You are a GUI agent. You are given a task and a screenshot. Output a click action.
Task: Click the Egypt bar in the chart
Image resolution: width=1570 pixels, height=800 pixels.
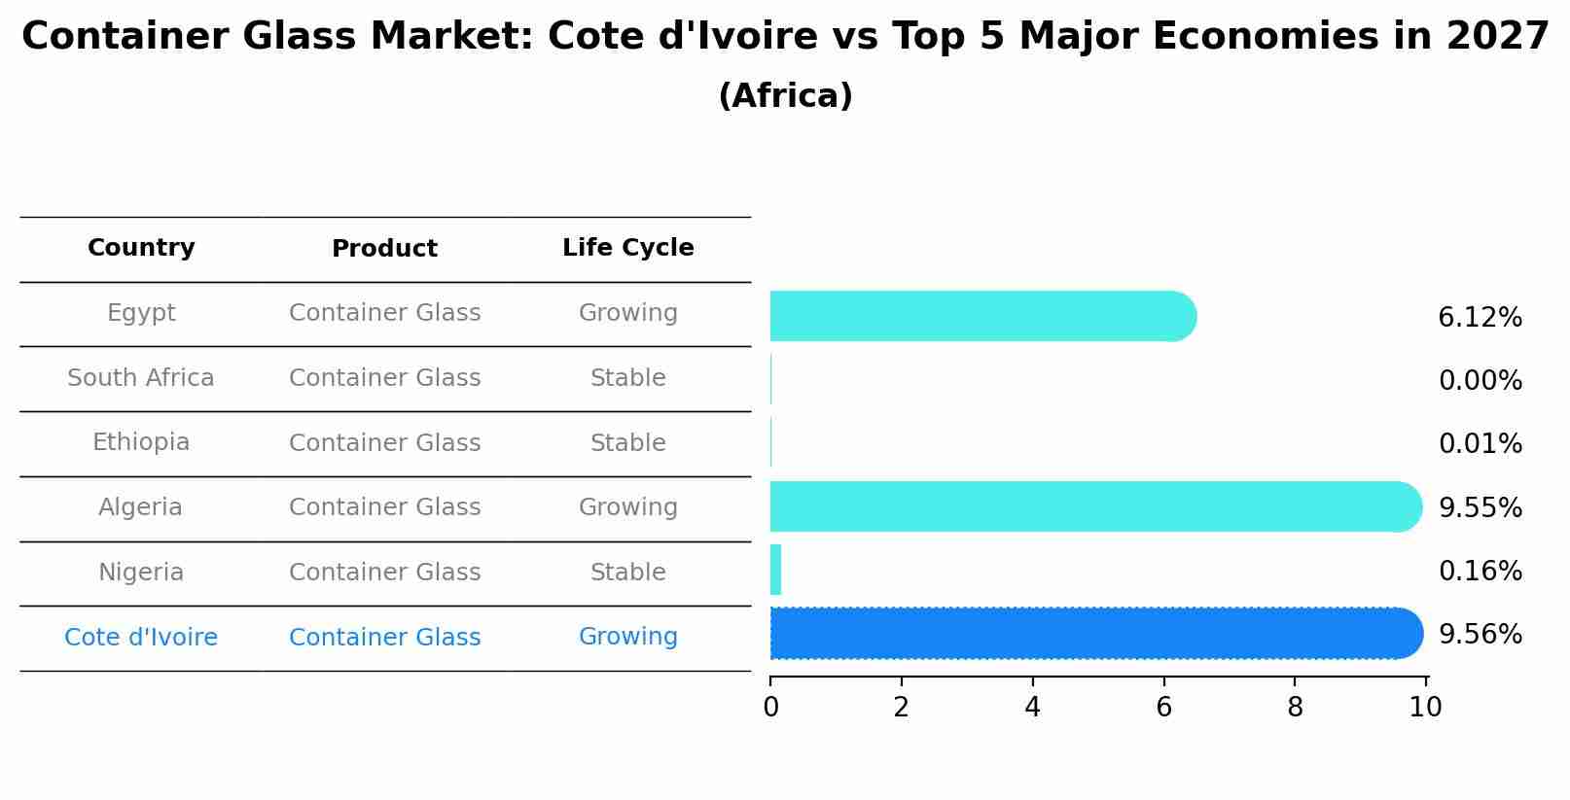pos(982,316)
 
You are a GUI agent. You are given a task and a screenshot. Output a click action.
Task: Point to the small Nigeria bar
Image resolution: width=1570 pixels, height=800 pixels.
pos(775,570)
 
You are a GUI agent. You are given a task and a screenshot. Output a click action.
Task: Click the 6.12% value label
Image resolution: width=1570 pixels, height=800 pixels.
pos(1480,318)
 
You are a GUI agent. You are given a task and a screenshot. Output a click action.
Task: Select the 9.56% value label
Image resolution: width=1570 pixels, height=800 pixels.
pos(1480,635)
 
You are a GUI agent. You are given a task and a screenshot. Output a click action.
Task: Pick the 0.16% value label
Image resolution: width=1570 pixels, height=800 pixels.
pos(1480,572)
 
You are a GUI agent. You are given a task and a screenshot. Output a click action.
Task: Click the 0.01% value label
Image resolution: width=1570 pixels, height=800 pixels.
pos(1480,444)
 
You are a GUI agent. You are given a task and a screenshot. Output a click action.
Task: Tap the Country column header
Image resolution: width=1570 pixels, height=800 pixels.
pos(141,248)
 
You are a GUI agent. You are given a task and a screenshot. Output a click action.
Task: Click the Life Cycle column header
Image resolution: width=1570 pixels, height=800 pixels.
pos(627,248)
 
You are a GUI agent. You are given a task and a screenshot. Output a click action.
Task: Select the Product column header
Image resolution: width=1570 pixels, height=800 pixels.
pos(384,249)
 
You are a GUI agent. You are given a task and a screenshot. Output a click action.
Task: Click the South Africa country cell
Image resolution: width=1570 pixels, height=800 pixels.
pos(141,378)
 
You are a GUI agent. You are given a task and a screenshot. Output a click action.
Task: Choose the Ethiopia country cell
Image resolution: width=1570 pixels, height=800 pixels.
pos(141,442)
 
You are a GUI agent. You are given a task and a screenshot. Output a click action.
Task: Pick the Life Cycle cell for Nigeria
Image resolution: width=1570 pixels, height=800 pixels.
pos(627,573)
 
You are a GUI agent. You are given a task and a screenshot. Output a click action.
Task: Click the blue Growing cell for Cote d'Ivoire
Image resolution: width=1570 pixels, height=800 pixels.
pos(627,637)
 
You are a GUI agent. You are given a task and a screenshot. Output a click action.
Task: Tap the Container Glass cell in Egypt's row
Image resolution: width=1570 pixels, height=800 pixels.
pos(384,313)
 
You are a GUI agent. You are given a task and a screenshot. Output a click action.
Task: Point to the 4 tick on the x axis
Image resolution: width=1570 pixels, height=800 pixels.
pos(1032,708)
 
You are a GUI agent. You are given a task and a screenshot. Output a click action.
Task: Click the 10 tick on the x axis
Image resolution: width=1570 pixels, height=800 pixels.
pos(1425,708)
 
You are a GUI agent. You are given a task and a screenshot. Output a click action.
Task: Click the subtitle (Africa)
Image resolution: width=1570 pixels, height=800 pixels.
pos(785,96)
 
